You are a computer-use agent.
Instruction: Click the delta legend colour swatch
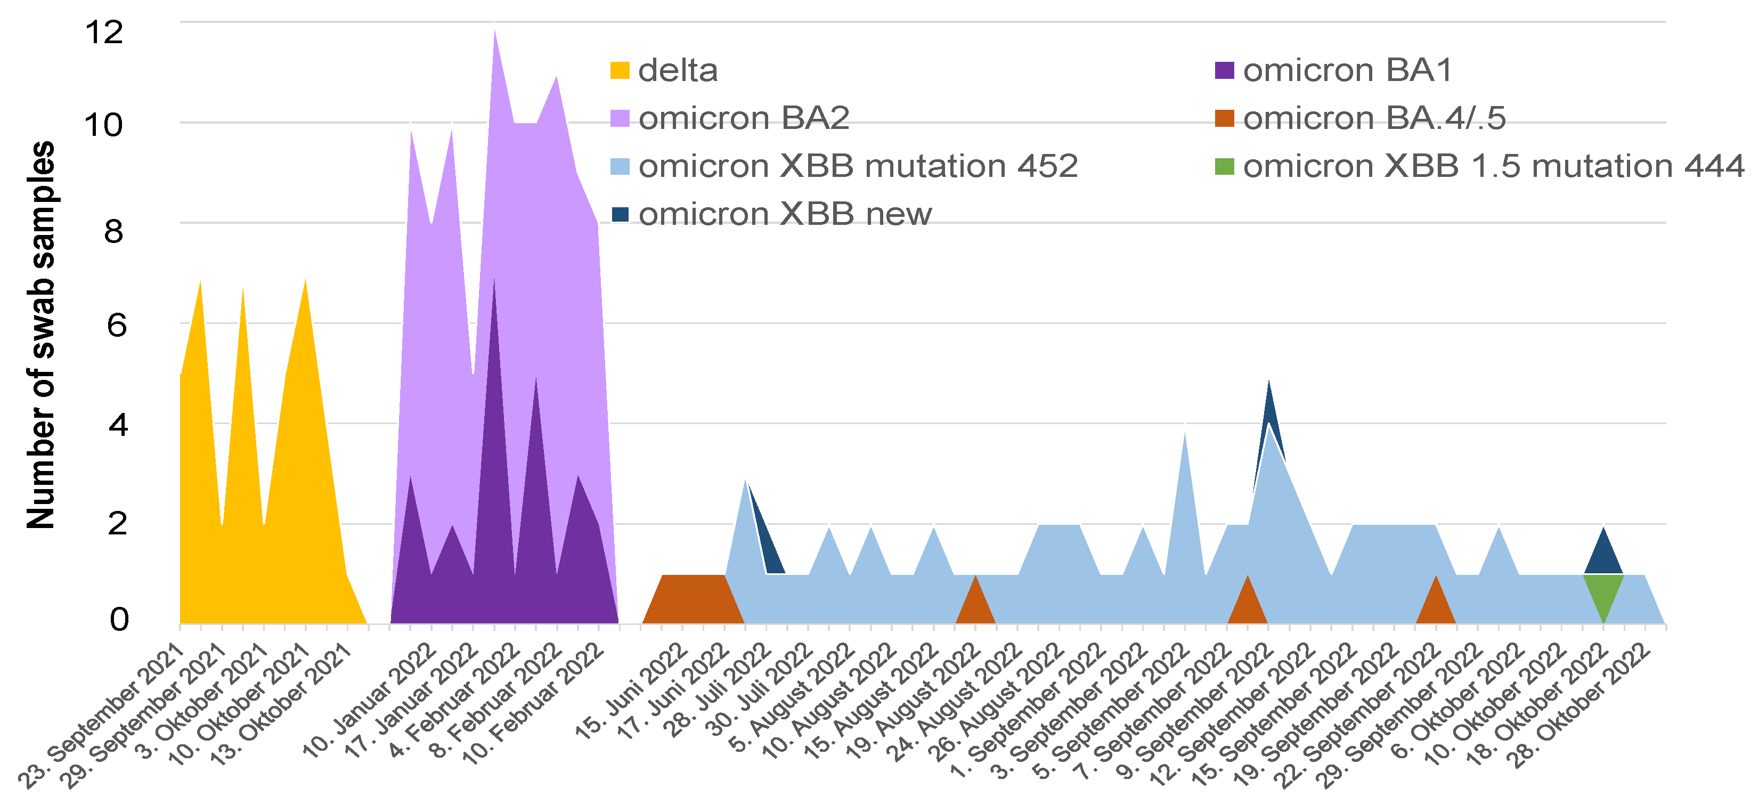tap(620, 70)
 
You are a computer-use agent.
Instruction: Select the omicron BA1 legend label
tap(1347, 70)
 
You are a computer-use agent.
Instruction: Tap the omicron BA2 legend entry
tap(744, 118)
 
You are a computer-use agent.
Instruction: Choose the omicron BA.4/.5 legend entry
tap(1374, 118)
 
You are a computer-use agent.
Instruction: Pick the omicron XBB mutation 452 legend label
tap(858, 166)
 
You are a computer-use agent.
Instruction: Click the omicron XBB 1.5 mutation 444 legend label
tap(1493, 166)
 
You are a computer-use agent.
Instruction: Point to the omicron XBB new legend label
tap(785, 214)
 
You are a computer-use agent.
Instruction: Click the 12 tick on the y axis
tap(104, 32)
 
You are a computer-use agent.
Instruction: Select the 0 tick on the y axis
tap(118, 620)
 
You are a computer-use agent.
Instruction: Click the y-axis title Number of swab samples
tap(41, 335)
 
